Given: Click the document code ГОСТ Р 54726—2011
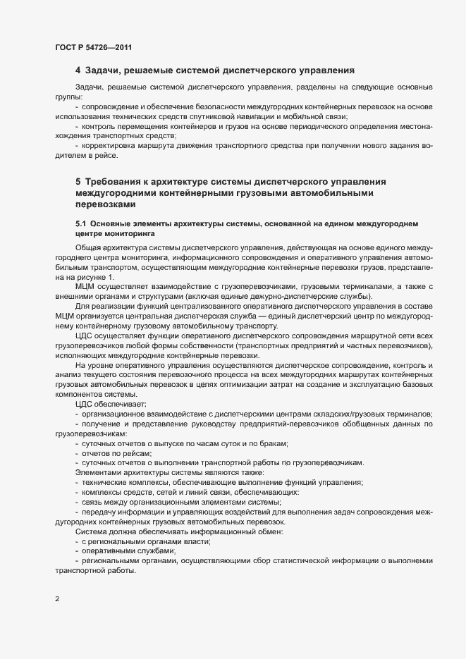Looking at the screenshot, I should pyautogui.click(x=92, y=47).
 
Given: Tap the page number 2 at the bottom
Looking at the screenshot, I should pyautogui.click(x=57, y=600).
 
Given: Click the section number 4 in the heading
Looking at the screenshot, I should pyautogui.click(x=78, y=70).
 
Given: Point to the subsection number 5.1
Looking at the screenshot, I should pyautogui.click(x=81, y=223).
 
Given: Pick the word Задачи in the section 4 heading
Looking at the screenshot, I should pyautogui.click(x=102, y=70).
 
